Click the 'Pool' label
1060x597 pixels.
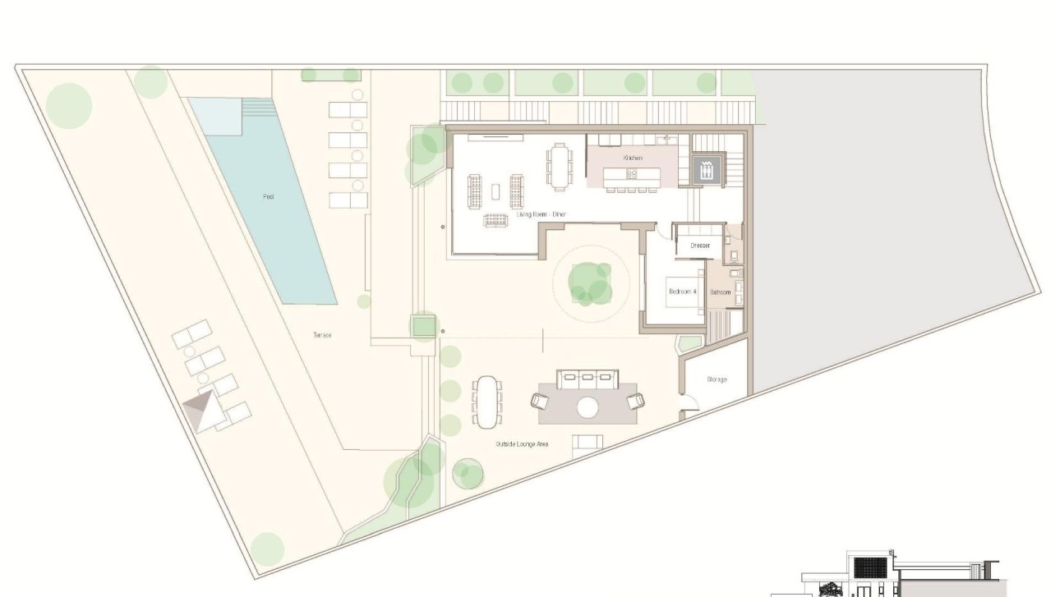[x=268, y=197]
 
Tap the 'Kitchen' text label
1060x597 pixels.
[x=632, y=157]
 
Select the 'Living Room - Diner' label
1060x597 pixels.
[x=541, y=214]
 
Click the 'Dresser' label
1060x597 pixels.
[x=699, y=245]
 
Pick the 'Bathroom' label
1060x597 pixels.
[x=721, y=292]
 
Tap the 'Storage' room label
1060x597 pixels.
[x=717, y=379]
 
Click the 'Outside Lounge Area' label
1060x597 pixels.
[x=522, y=444]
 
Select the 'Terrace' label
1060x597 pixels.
[x=322, y=335]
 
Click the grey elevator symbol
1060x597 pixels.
[x=706, y=170]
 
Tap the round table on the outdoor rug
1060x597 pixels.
[x=588, y=406]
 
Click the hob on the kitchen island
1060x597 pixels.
[x=631, y=174]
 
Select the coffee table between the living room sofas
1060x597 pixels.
[x=495, y=191]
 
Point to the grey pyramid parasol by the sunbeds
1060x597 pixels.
[x=204, y=410]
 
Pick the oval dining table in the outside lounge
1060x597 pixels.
[x=487, y=401]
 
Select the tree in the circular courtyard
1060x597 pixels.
[x=590, y=281]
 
